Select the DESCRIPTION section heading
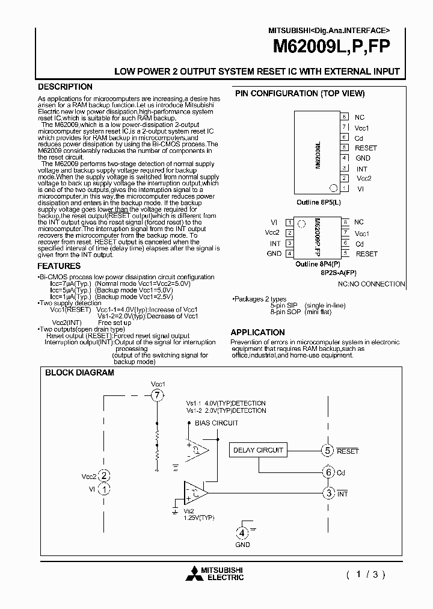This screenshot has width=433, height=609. point(65,87)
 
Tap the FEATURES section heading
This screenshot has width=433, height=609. point(59,266)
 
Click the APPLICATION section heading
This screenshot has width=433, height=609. point(257,332)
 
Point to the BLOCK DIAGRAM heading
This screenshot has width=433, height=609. point(79,373)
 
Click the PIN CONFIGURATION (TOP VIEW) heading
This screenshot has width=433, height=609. point(299,93)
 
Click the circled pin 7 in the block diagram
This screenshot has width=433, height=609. point(157,395)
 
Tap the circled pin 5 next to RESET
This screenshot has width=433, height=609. point(327,451)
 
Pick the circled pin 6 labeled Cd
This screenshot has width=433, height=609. point(328,472)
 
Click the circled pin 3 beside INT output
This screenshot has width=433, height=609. point(328,493)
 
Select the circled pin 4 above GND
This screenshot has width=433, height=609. point(241,533)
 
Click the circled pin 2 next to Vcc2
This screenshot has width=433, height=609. point(105,476)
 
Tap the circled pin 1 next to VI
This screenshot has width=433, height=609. point(105,489)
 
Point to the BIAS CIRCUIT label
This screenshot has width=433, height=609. point(216,423)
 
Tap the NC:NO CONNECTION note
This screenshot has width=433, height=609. point(371,283)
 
